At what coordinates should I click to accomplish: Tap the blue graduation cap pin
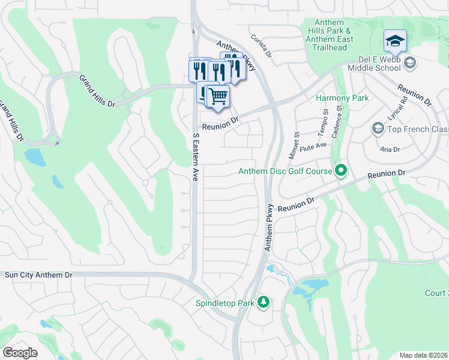396,41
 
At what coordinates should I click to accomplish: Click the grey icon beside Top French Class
378,128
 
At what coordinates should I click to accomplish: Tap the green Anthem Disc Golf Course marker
341,171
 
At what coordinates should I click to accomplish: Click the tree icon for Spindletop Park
263,302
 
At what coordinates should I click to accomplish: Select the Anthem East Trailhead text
329,40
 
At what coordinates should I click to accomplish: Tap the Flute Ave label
314,145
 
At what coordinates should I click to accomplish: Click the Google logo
20,352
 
